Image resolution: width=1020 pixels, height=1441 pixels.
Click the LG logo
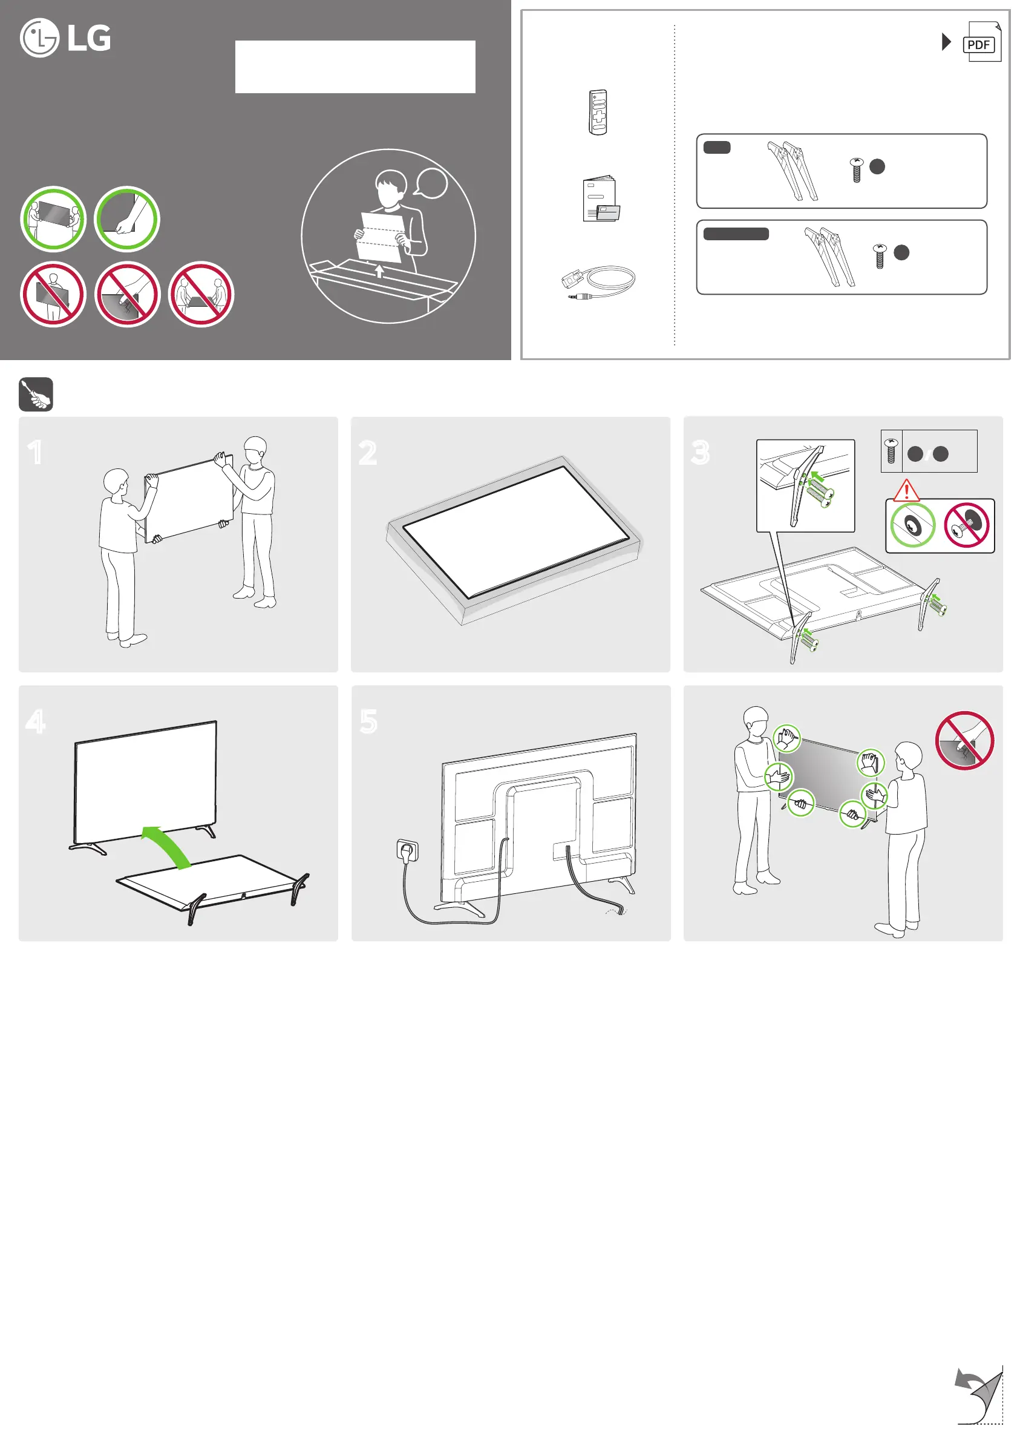coord(65,38)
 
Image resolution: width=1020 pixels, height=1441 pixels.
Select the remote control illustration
coord(598,113)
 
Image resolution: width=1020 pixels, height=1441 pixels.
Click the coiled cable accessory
coord(598,282)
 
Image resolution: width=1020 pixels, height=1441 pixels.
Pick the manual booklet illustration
coord(600,199)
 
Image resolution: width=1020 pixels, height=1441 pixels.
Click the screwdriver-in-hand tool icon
coord(36,395)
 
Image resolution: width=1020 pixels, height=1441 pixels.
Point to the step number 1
coord(35,452)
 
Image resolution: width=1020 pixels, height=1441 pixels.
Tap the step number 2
coord(368,453)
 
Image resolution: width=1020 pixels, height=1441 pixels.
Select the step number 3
coord(701,452)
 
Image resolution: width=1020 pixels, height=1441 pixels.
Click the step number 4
coord(36,721)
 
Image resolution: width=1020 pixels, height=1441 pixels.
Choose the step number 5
coord(368,721)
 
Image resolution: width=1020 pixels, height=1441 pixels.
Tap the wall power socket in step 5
coord(408,850)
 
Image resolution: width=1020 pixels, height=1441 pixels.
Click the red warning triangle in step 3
coord(906,490)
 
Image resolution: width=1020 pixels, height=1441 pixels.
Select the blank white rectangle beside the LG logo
coord(355,67)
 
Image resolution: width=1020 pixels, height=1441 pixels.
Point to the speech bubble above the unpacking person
coord(431,184)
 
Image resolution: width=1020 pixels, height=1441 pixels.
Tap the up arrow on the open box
coord(379,271)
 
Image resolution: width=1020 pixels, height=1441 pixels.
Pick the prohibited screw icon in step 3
coord(967,525)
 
